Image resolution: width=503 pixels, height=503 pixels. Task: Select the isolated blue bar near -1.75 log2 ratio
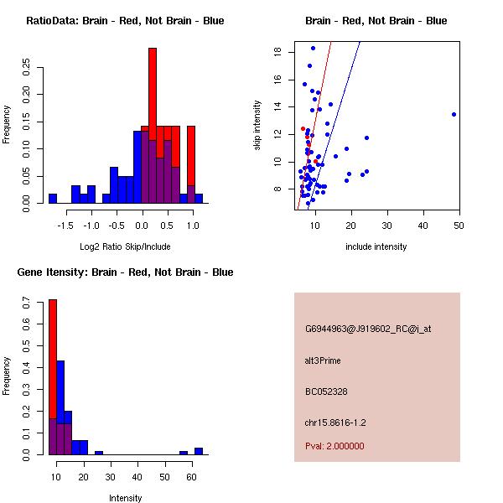tap(53, 199)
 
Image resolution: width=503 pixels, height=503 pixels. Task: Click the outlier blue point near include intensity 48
tap(454, 114)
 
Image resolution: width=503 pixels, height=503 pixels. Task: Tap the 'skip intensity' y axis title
tap(257, 126)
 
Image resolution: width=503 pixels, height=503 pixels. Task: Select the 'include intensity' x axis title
tap(376, 246)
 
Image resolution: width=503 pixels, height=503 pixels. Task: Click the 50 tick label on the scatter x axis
tap(459, 226)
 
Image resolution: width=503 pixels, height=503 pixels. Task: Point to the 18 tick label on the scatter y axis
tap(277, 52)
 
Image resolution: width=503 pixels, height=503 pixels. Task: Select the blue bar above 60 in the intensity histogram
tap(199, 451)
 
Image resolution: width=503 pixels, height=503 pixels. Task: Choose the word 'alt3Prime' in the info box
tap(323, 360)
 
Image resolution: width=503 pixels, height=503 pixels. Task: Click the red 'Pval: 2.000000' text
tap(334, 446)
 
